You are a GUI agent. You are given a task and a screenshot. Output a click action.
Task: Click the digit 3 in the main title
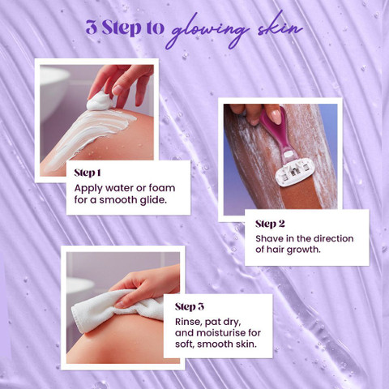(92, 28)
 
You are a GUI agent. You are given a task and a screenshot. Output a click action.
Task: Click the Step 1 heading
(88, 173)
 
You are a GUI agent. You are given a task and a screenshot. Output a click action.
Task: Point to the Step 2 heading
(270, 224)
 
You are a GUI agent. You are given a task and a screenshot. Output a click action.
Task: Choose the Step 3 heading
(190, 306)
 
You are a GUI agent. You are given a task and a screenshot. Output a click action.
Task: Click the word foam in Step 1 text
(162, 188)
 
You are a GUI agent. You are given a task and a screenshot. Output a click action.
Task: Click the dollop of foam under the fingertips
(99, 101)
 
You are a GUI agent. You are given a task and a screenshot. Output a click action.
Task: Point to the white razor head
(294, 173)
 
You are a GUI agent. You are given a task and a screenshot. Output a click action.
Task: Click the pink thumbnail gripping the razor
(275, 117)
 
